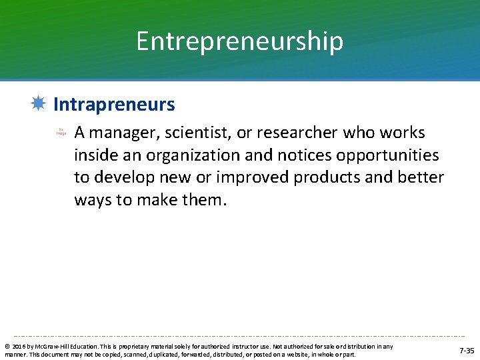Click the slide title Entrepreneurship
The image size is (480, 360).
[239, 41]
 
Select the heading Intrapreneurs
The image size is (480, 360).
[114, 105]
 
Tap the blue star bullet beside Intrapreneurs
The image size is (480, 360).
[38, 104]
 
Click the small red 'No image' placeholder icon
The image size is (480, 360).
[61, 132]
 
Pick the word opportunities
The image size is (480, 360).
[372, 155]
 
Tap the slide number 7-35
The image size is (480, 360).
[467, 351]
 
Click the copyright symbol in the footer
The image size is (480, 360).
[7, 347]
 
